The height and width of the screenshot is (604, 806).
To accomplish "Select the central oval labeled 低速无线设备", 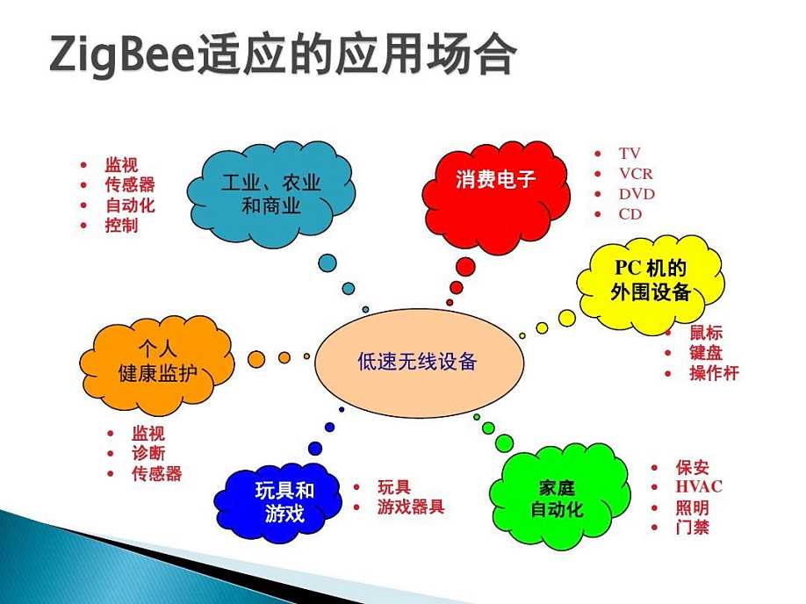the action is tap(419, 363).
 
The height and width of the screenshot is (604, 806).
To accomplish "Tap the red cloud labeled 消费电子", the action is tap(495, 197).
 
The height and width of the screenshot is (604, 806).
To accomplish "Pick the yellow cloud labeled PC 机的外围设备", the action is tap(651, 284).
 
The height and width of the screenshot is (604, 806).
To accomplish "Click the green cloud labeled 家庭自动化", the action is tap(560, 496).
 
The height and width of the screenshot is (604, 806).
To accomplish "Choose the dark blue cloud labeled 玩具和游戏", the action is tap(278, 503).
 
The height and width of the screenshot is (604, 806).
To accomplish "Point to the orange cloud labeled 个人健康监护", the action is tap(157, 364).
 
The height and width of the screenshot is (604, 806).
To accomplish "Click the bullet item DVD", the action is tap(637, 194).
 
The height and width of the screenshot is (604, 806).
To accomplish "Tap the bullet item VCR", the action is tap(636, 174).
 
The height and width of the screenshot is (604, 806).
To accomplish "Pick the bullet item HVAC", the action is tap(699, 486).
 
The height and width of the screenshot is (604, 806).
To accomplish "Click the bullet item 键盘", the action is tap(706, 353).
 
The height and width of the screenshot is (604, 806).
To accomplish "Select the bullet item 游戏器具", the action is tap(411, 507).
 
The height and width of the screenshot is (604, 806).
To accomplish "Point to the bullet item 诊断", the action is tap(148, 453).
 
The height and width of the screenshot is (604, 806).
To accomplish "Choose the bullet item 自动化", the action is tap(130, 205).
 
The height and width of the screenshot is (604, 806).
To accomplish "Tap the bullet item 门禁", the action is tap(692, 527).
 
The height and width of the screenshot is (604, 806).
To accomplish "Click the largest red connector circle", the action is tap(465, 267).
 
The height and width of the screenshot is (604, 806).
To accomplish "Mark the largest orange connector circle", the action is tap(256, 359).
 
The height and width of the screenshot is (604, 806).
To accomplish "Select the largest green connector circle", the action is tap(504, 443).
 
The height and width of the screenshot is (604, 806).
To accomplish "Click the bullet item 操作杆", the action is tap(714, 373).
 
